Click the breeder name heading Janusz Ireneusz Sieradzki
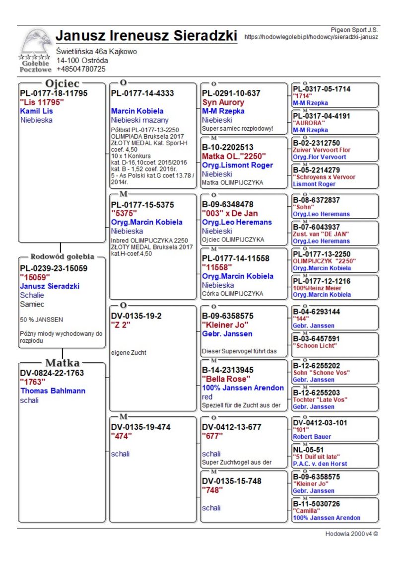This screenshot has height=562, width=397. point(147,36)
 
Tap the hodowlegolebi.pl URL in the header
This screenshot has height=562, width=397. point(312,37)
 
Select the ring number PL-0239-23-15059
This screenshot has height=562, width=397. point(54,269)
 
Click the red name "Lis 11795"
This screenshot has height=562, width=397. point(42,102)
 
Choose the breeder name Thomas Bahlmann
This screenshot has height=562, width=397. point(53,391)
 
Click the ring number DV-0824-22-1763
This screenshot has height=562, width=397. point(52,373)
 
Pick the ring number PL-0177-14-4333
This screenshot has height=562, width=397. point(142,93)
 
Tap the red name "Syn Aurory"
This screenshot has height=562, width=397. point(223,102)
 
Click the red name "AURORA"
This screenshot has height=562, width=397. point(309,123)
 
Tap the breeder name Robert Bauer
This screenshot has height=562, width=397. point(312,437)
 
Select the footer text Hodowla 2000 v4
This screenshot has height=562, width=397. point(351,534)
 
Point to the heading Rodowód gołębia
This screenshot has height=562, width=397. point(62,257)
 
